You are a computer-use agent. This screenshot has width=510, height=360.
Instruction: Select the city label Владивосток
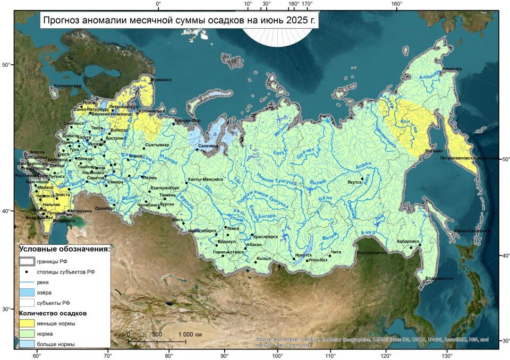point(439,278)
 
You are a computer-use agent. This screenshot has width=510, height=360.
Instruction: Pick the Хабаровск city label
point(408,242)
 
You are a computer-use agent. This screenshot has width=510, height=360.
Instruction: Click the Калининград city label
point(67,85)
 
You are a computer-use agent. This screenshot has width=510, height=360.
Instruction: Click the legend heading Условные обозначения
point(64,248)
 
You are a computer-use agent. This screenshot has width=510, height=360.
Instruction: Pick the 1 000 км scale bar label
point(190,335)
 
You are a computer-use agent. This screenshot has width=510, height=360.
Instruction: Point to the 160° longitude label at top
point(396,4)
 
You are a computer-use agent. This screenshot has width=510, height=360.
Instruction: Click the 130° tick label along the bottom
point(447,355)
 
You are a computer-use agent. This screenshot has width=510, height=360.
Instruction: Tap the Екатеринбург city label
point(165,188)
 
